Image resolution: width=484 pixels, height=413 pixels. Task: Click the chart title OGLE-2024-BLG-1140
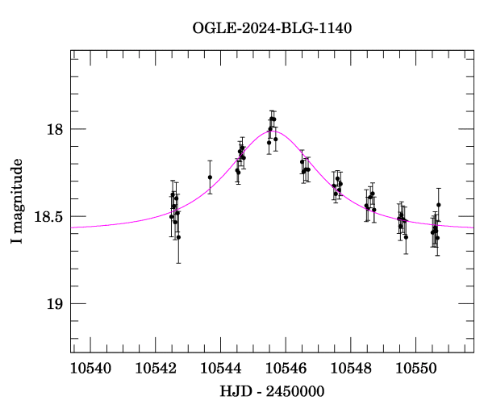[x=272, y=28]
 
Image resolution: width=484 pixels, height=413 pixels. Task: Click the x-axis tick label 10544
[x=220, y=368]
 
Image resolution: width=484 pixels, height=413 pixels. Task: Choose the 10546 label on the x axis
[x=286, y=368]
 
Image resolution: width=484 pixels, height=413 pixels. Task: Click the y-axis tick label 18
[x=55, y=129]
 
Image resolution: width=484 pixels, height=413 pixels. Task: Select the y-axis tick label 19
[x=55, y=303]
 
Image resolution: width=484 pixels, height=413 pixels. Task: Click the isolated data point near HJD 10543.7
[x=210, y=177]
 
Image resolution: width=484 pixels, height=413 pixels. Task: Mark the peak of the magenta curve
[x=273, y=131]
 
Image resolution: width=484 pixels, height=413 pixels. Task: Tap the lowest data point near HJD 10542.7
[x=178, y=237]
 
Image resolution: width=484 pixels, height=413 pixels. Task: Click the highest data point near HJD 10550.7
[x=439, y=205]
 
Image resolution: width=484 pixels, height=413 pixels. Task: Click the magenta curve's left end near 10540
[x=73, y=227]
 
